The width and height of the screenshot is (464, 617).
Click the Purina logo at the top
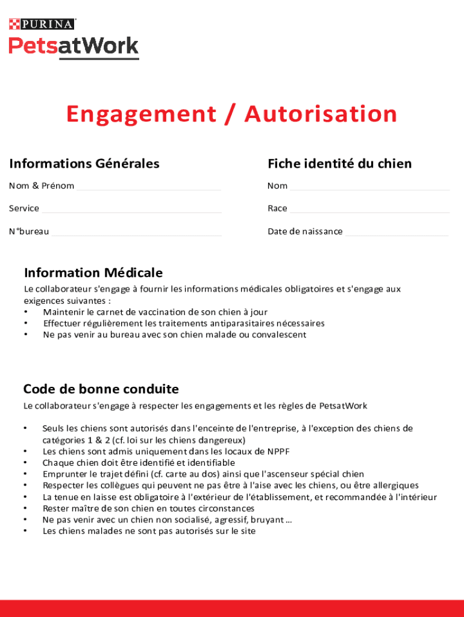click(x=42, y=24)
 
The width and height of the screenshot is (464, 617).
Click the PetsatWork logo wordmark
click(x=74, y=46)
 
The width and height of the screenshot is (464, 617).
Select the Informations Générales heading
click(x=84, y=163)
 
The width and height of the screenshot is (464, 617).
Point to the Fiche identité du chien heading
click(x=340, y=163)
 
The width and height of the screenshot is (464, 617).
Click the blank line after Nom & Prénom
click(x=149, y=188)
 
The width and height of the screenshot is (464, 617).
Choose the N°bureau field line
click(x=137, y=233)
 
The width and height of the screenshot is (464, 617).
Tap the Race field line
click(x=369, y=210)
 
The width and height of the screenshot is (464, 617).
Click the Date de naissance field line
click(x=397, y=233)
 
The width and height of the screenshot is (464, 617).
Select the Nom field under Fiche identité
click(x=369, y=188)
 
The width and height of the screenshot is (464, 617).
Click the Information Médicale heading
click(x=93, y=273)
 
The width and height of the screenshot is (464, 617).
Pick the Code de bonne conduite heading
click(x=101, y=389)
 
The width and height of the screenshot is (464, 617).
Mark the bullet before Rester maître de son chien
click(x=25, y=509)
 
